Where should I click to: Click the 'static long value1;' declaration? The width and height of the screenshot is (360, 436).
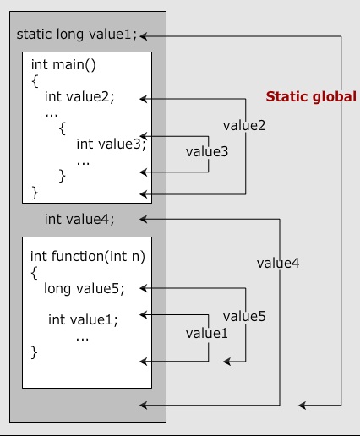tap(77, 35)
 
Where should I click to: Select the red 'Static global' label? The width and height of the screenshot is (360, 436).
tap(311, 96)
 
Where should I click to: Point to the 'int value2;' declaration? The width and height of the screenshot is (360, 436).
tap(79, 97)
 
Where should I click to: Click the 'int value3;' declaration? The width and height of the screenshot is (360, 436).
tap(111, 143)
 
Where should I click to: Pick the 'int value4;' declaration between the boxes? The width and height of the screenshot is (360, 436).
tap(79, 220)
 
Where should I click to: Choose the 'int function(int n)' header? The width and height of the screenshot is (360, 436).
tap(83, 255)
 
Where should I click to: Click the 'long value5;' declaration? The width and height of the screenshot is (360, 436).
tap(84, 288)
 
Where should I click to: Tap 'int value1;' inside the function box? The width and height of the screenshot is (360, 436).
tap(83, 319)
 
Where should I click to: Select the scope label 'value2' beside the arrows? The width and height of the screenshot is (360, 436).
tap(243, 126)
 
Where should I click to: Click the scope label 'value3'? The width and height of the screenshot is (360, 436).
tap(207, 151)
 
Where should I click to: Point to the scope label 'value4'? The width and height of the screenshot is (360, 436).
tap(278, 263)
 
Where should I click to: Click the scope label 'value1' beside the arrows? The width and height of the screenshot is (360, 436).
tap(207, 333)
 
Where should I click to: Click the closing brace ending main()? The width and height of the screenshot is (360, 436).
tap(35, 192)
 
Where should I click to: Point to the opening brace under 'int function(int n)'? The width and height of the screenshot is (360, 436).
tap(35, 272)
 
